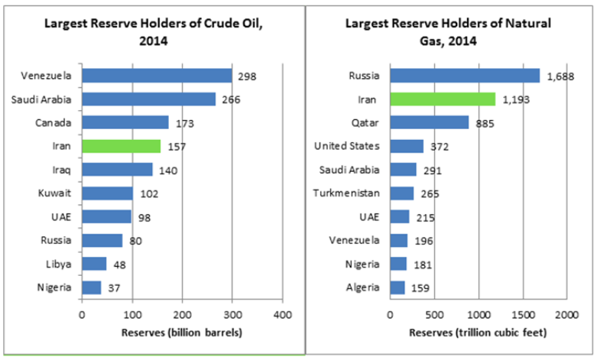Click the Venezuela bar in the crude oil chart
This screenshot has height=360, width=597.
click(157, 75)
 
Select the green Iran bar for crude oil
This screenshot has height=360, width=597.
click(121, 146)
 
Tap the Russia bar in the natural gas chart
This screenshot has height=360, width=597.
click(465, 75)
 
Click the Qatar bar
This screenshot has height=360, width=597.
click(429, 122)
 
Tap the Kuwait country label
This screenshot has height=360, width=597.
click(56, 193)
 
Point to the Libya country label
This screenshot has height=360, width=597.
click(59, 264)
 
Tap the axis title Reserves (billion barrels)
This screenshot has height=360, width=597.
click(183, 332)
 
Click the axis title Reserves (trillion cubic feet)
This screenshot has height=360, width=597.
click(479, 332)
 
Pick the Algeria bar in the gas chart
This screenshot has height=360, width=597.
click(397, 287)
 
